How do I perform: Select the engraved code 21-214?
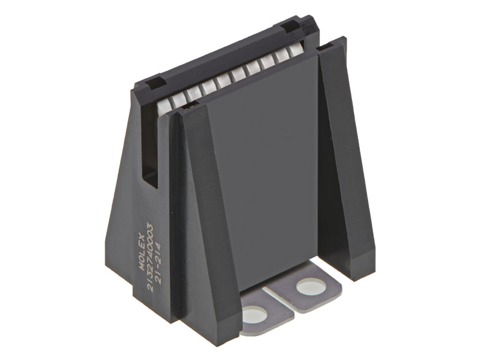[160, 263]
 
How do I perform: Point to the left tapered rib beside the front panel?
[202, 211]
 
